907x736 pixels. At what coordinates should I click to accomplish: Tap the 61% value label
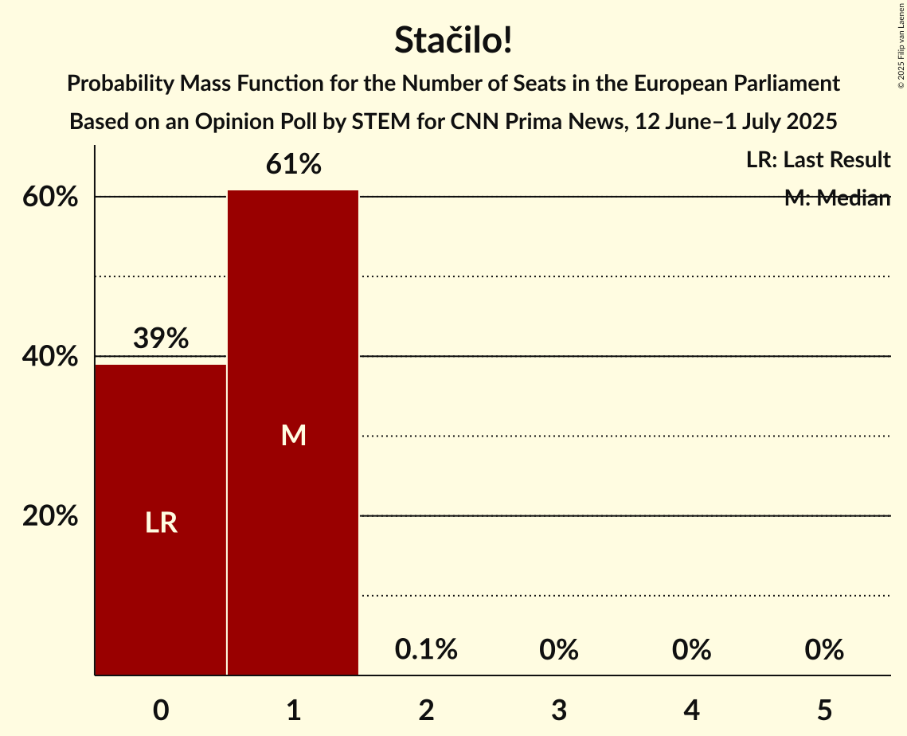(x=293, y=165)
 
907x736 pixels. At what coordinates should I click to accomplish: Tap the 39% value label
(x=161, y=339)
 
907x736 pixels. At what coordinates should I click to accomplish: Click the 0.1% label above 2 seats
(x=426, y=650)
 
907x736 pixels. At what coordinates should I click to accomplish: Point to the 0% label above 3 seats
(x=559, y=650)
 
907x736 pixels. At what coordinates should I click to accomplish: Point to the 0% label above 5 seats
(x=824, y=650)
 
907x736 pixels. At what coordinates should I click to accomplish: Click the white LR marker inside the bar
(x=161, y=523)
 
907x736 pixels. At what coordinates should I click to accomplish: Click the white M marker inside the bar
(x=293, y=435)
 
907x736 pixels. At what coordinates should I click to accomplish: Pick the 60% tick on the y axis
(x=50, y=198)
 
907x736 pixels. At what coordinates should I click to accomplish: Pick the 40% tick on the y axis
(x=50, y=357)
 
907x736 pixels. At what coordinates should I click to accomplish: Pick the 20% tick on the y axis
(x=50, y=516)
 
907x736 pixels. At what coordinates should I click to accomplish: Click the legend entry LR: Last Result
(x=818, y=160)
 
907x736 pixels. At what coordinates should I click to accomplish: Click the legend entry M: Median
(x=836, y=198)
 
